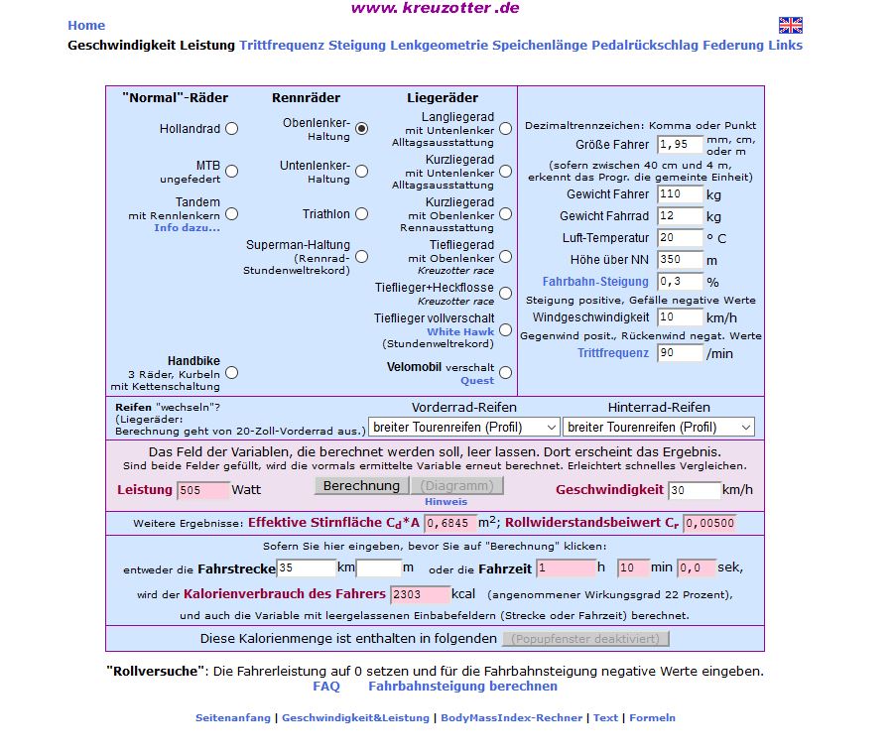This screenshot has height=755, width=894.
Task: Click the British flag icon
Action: [x=790, y=26]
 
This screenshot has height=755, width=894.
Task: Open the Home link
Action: [x=86, y=26]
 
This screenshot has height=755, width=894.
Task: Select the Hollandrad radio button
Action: [x=231, y=128]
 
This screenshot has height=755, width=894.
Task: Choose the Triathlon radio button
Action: [x=361, y=214]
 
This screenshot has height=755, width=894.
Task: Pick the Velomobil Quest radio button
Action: [x=505, y=373]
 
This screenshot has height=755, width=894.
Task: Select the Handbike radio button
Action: [x=231, y=373]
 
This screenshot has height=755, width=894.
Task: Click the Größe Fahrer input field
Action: [x=680, y=145]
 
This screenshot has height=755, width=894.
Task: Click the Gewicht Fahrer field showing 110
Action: [x=680, y=194]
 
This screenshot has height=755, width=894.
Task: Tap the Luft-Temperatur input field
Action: [x=680, y=238]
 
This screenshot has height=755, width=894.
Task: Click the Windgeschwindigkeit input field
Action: [x=680, y=317]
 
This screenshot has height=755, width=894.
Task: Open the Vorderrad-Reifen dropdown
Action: [x=464, y=428]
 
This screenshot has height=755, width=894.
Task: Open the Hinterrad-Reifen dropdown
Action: [x=658, y=428]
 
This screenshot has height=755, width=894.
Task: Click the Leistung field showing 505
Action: [x=202, y=490]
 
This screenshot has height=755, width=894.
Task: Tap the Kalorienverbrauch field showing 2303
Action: [x=420, y=594]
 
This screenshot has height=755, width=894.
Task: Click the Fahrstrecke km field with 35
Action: [x=307, y=568]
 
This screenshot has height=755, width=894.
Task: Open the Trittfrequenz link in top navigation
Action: [x=282, y=46]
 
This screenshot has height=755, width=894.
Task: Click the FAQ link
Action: [x=326, y=687]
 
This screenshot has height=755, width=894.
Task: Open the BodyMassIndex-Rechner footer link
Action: [x=511, y=718]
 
